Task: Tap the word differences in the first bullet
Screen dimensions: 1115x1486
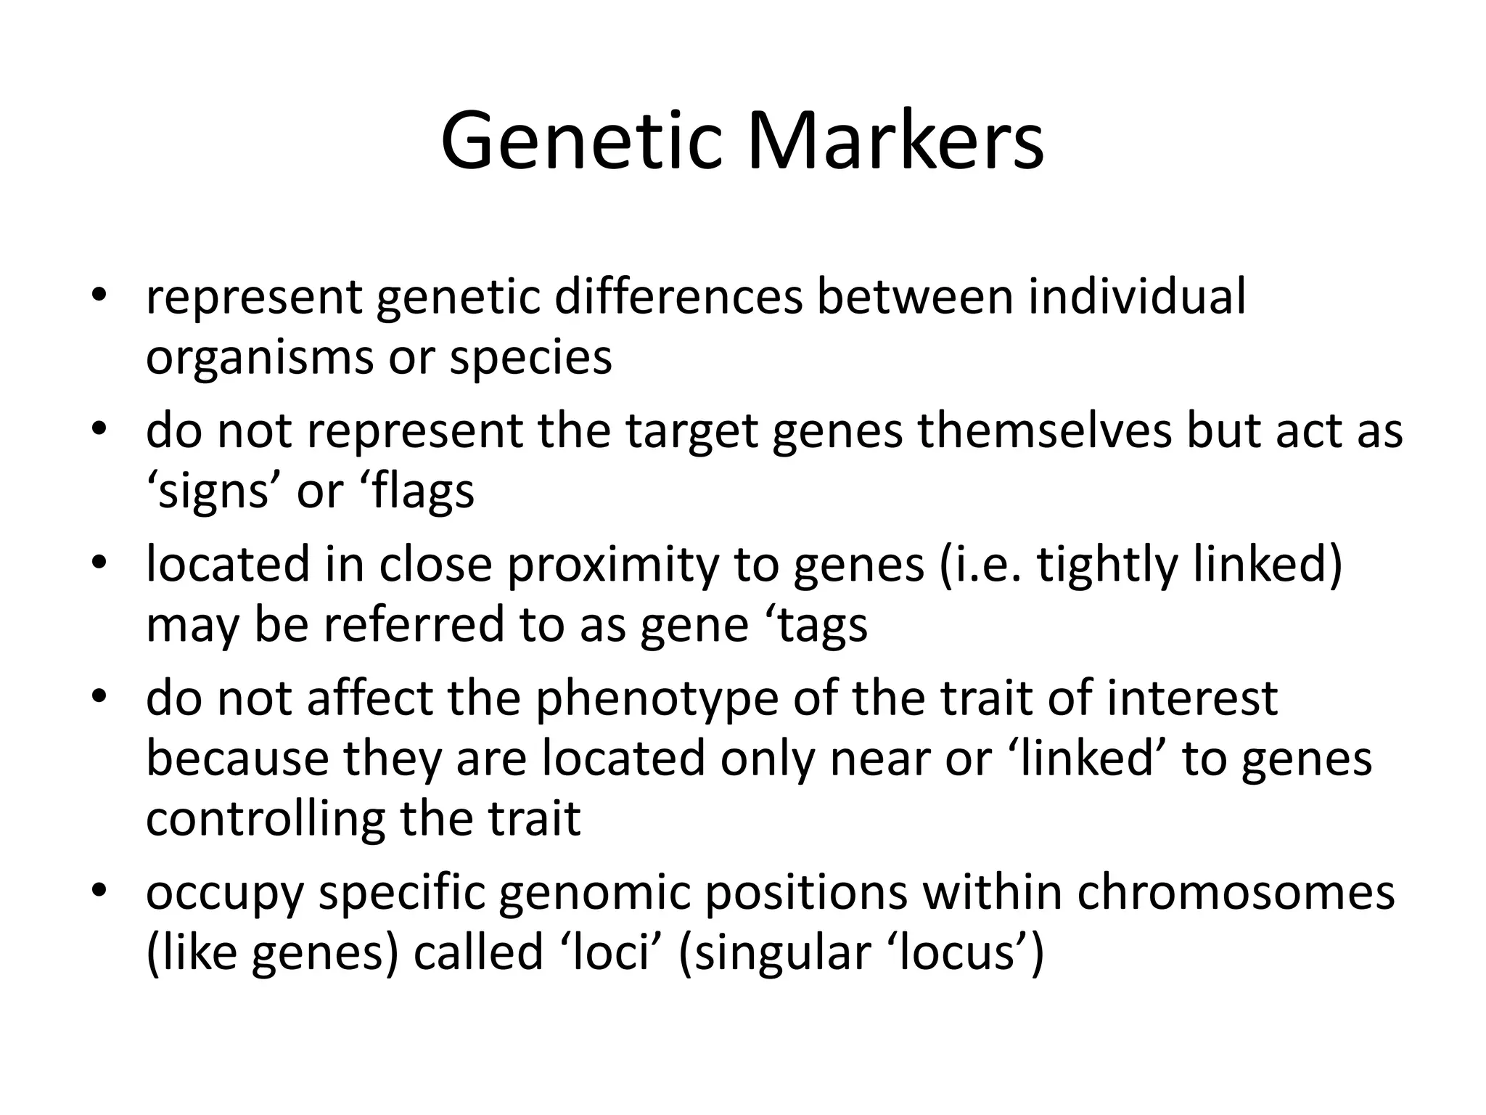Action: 678,297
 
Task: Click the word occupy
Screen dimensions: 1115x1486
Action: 224,892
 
